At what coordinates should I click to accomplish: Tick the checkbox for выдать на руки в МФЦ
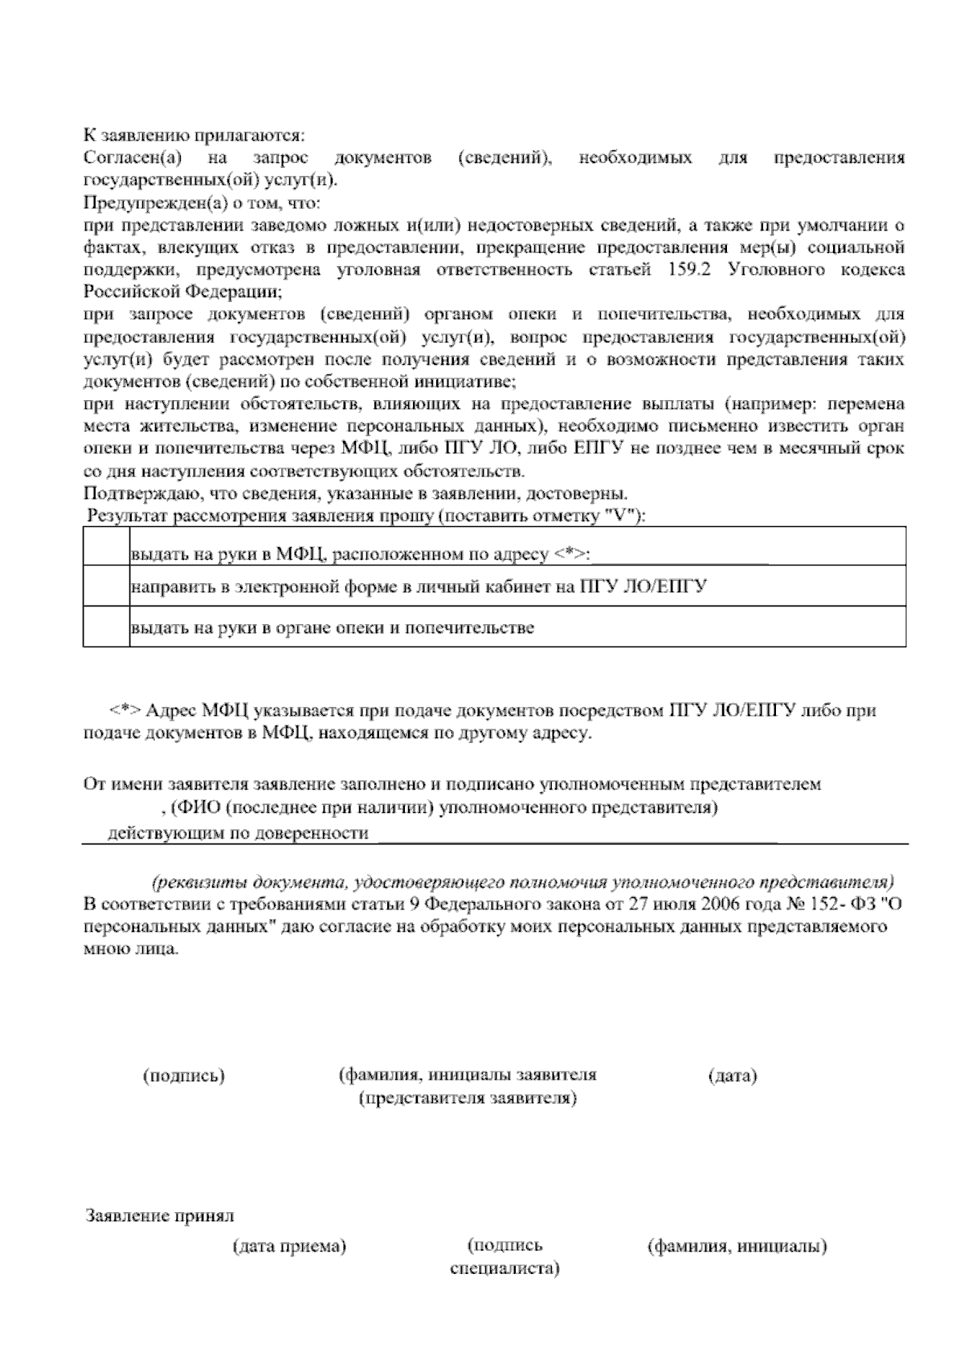106,546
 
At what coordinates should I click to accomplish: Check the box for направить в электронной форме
106,586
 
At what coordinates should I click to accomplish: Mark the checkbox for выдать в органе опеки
106,627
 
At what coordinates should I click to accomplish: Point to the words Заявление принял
160,1215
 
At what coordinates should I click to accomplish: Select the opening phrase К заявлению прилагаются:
194,137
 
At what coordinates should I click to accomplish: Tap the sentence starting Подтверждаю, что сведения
356,493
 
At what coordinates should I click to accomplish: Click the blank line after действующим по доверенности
577,835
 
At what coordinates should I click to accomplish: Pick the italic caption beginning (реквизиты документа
524,881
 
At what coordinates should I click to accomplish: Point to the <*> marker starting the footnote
127,710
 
